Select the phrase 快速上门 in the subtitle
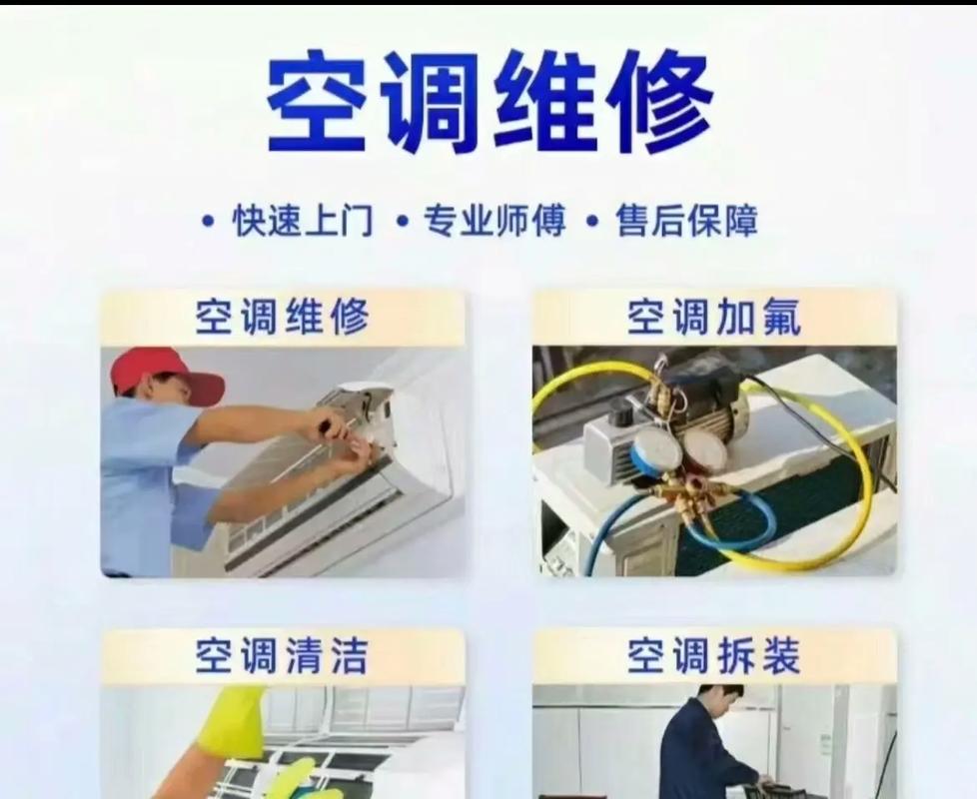click(x=304, y=221)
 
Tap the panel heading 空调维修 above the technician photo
click(x=283, y=318)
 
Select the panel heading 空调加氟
click(x=713, y=318)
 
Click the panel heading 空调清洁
click(x=283, y=657)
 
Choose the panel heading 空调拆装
click(x=713, y=657)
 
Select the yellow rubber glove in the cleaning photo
click(x=232, y=719)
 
